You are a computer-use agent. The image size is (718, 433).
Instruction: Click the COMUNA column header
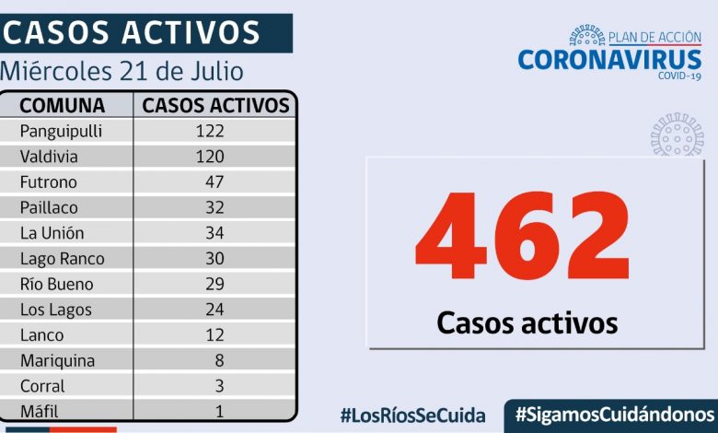(x=63, y=105)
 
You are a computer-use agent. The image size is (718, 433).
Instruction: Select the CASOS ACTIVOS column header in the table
(x=215, y=105)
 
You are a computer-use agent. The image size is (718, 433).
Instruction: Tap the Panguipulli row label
(x=61, y=131)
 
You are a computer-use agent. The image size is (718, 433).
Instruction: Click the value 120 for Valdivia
(x=210, y=157)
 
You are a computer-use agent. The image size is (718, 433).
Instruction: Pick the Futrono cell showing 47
(x=214, y=182)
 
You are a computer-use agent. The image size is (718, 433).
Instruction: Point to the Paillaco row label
(x=51, y=208)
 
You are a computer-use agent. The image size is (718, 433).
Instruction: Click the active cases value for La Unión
(x=214, y=233)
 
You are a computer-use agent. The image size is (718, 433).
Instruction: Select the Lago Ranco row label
(x=62, y=259)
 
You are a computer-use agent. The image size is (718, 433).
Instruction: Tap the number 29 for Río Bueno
(x=214, y=284)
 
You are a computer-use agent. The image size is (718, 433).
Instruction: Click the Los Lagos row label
(x=56, y=310)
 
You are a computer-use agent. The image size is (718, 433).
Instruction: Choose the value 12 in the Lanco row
(x=214, y=335)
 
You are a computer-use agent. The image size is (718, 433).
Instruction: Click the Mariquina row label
(x=57, y=361)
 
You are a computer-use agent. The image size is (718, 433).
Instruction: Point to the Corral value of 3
(x=219, y=386)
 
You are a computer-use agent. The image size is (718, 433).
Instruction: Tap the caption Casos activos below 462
(x=527, y=322)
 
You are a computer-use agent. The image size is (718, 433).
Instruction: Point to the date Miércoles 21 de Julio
(x=122, y=70)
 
